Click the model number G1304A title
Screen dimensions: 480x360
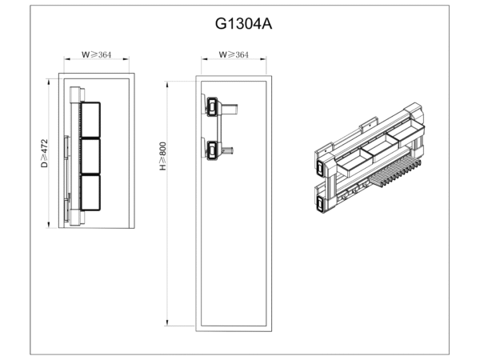pos(243,23)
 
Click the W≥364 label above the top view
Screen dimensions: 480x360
pos(96,54)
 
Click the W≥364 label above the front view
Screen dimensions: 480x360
pos(234,54)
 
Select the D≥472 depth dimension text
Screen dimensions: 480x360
pos(45,153)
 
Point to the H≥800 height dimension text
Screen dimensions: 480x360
pos(162,156)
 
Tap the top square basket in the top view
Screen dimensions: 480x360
pos(90,120)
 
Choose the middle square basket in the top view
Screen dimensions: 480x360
pos(90,156)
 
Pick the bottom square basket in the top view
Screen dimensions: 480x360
pos(90,193)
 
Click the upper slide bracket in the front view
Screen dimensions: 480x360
pos(212,106)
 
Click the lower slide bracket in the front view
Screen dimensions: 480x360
pos(212,150)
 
